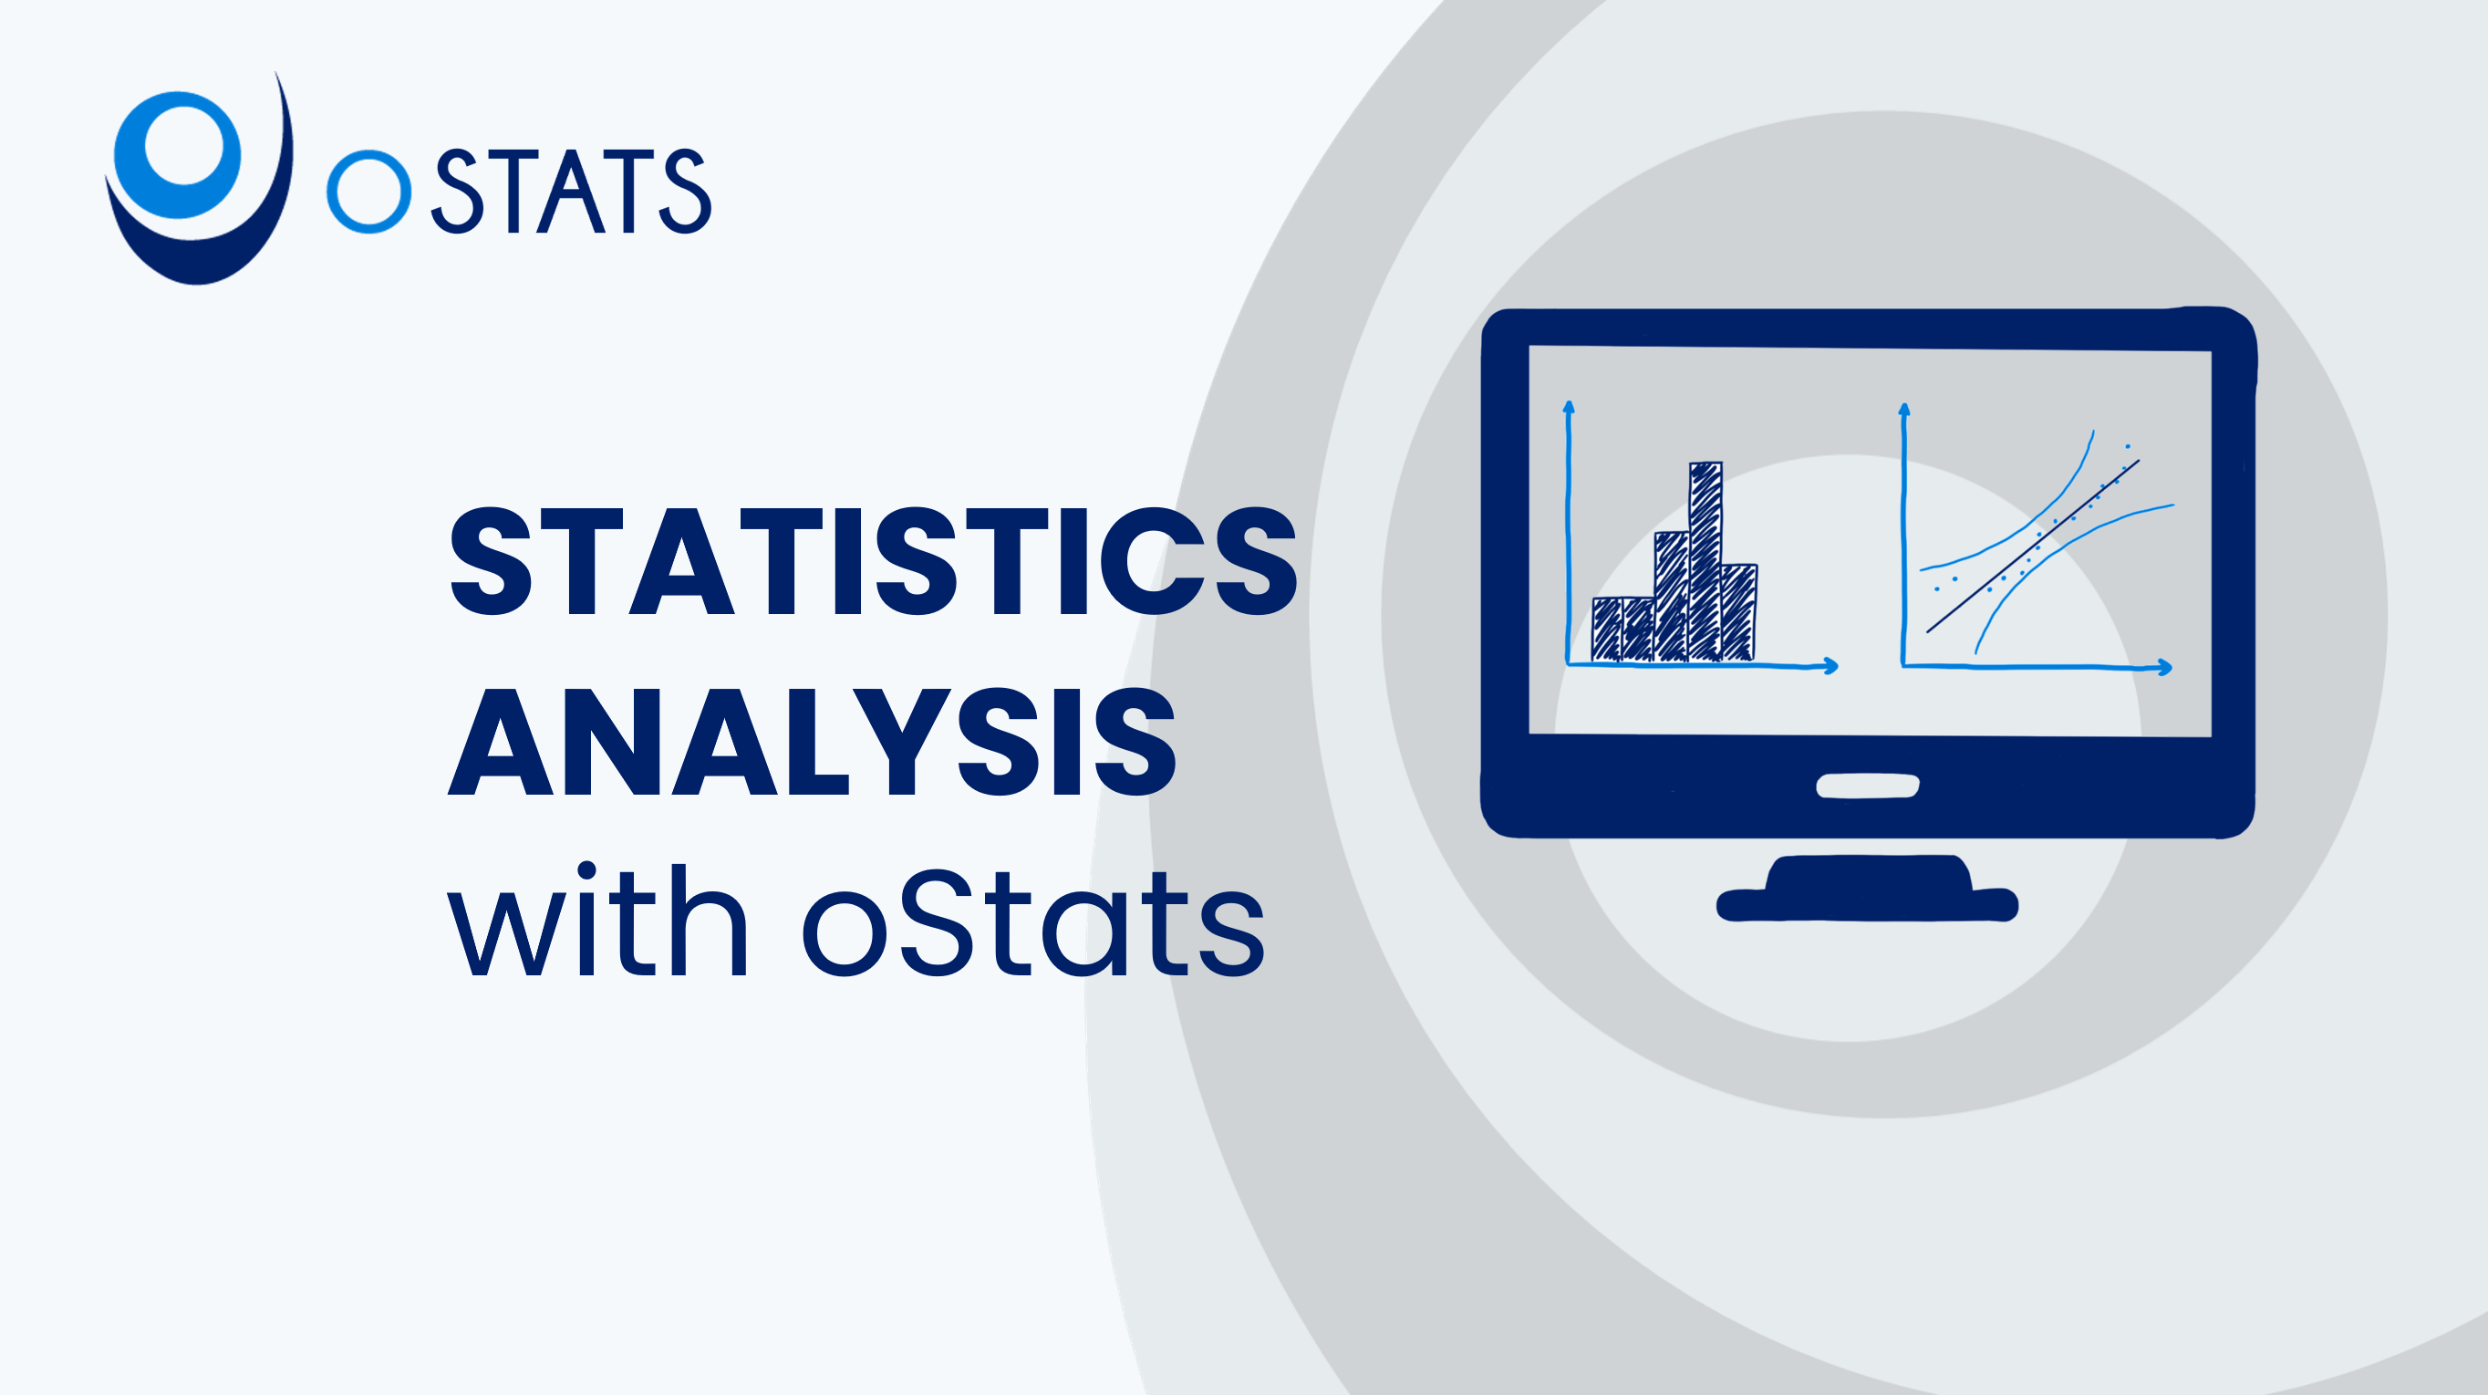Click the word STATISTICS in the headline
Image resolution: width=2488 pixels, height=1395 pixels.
pyautogui.click(x=873, y=561)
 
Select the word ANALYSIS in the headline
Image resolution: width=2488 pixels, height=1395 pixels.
pyautogui.click(x=813, y=741)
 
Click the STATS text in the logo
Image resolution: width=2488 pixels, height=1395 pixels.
pyautogui.click(x=572, y=192)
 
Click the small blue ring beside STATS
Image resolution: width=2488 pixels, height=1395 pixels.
pyautogui.click(x=369, y=192)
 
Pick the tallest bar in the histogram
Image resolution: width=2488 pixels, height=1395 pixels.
pyautogui.click(x=1705, y=561)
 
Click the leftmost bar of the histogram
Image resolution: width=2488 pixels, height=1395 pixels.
pyautogui.click(x=1607, y=630)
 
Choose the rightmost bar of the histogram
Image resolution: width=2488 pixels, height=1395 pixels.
pyautogui.click(x=1738, y=612)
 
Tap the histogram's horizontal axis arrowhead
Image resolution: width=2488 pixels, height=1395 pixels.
pyautogui.click(x=1830, y=666)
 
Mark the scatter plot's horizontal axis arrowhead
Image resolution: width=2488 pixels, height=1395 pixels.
pyautogui.click(x=2164, y=668)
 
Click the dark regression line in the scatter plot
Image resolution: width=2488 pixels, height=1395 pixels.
pyautogui.click(x=2033, y=547)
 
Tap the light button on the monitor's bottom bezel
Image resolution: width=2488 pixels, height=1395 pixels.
pyautogui.click(x=1867, y=786)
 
